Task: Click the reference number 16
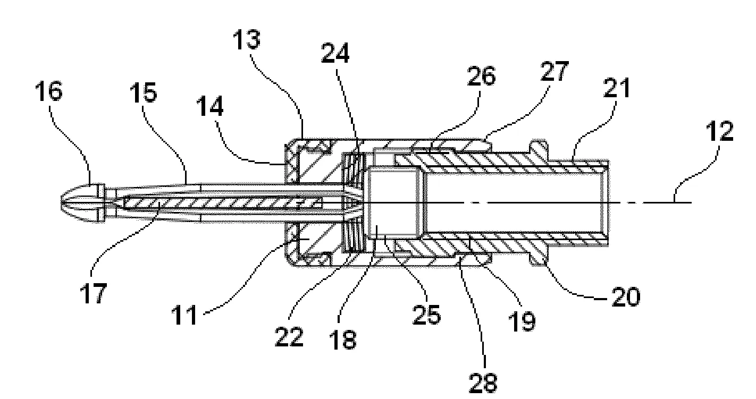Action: pos(49,91)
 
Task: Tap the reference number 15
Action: pos(144,92)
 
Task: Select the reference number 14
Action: pos(210,106)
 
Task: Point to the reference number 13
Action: pos(247,39)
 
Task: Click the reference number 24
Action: pos(335,53)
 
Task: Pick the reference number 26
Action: pos(481,76)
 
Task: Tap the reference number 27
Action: pos(555,71)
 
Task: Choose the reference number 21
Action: pos(617,88)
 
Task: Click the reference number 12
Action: pos(720,131)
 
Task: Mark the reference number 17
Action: pos(94,293)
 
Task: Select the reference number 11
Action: pos(184,315)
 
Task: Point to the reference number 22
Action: pos(289,337)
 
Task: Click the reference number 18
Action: pos(342,339)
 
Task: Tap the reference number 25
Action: pos(426,315)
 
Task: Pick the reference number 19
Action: pos(522,321)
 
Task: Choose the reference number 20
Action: pos(626,297)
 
